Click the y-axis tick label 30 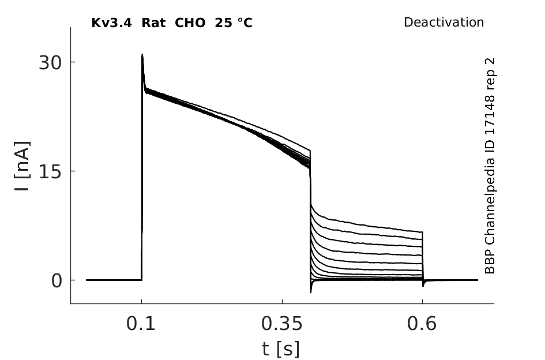click(x=50, y=63)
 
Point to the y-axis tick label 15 click(x=50, y=172)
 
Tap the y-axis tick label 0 click(x=57, y=281)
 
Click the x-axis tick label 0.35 click(x=282, y=324)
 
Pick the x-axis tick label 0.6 click(x=422, y=324)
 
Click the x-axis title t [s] click(x=280, y=349)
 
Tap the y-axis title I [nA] click(x=22, y=166)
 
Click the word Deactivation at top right click(x=444, y=22)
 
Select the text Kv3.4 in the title click(x=111, y=23)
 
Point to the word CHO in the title click(x=190, y=23)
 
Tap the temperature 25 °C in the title click(x=234, y=23)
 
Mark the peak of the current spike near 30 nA click(x=142, y=54)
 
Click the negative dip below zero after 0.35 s click(x=311, y=292)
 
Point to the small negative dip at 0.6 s click(x=423, y=286)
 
